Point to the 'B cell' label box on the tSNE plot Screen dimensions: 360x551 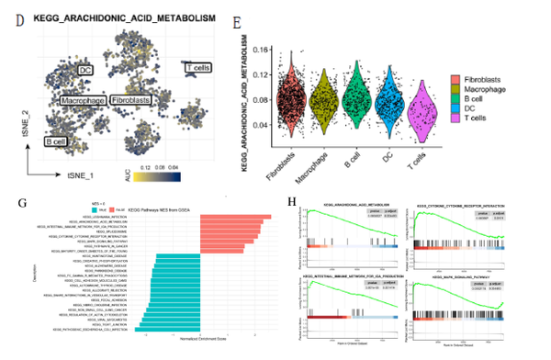point(56,141)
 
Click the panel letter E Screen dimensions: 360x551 point(237,20)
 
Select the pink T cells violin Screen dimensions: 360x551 point(422,109)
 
